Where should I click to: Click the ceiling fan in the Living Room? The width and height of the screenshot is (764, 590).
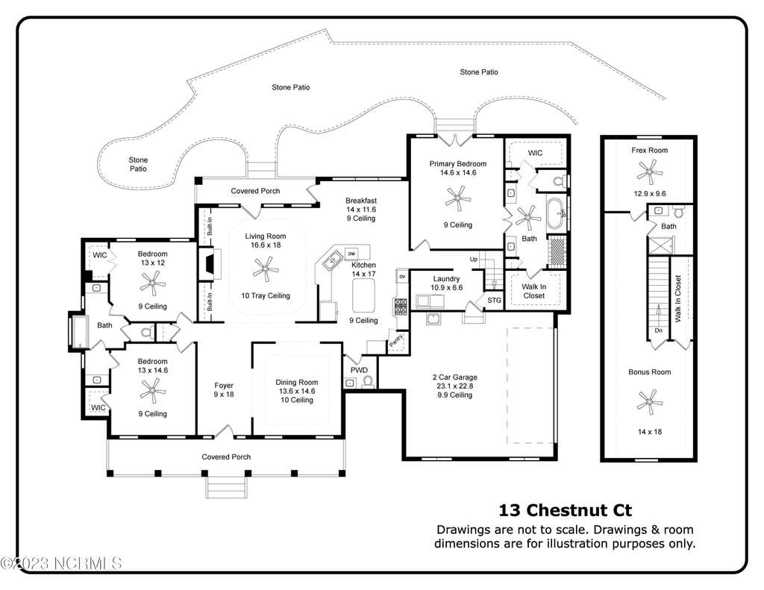(x=266, y=269)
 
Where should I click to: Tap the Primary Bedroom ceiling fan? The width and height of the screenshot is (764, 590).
(x=458, y=198)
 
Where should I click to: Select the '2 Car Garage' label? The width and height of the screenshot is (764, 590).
(x=454, y=377)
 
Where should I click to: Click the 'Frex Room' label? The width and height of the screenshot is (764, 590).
(x=650, y=150)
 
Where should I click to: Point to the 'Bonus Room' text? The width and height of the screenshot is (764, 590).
(x=650, y=371)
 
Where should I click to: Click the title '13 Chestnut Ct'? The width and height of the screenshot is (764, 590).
(x=566, y=510)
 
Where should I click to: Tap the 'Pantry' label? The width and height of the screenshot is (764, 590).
(x=396, y=339)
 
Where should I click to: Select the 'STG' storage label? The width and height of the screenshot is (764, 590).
(x=494, y=300)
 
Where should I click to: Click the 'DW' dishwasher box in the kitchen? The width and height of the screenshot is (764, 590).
(x=351, y=254)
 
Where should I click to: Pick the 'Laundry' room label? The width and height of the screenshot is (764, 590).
(x=446, y=279)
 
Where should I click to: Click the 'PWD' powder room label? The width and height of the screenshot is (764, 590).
(x=359, y=370)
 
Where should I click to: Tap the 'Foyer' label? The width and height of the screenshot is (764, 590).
(x=224, y=386)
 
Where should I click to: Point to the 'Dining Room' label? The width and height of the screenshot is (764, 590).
(x=297, y=382)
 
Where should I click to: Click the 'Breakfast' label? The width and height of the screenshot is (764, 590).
(x=361, y=200)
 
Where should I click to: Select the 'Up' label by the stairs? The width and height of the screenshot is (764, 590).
(x=474, y=259)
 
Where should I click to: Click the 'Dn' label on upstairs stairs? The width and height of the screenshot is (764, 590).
(x=659, y=330)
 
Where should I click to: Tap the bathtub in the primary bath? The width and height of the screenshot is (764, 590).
(x=556, y=213)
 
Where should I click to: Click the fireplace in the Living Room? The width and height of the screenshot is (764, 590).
(x=210, y=265)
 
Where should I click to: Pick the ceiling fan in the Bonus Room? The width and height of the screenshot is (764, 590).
(x=650, y=402)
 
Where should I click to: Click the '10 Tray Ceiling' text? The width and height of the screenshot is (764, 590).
(x=266, y=295)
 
